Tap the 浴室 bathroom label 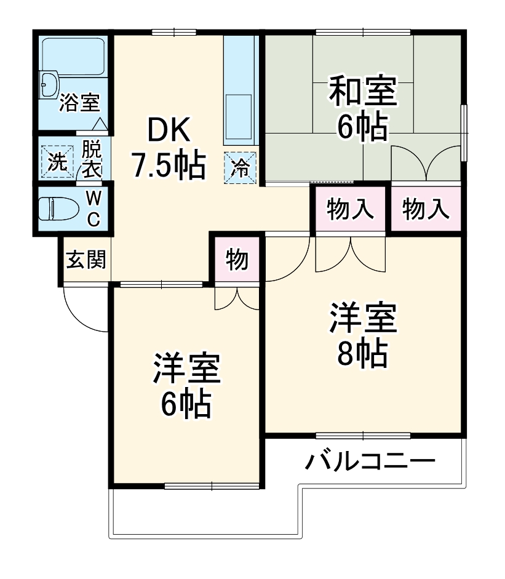click(x=79, y=103)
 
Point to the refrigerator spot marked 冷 click(x=239, y=167)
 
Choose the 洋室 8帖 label click(x=362, y=335)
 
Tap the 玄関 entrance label click(x=86, y=260)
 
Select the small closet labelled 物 click(x=237, y=260)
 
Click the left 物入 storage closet click(x=351, y=209)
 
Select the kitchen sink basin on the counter click(x=239, y=117)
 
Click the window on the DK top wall click(x=174, y=32)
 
